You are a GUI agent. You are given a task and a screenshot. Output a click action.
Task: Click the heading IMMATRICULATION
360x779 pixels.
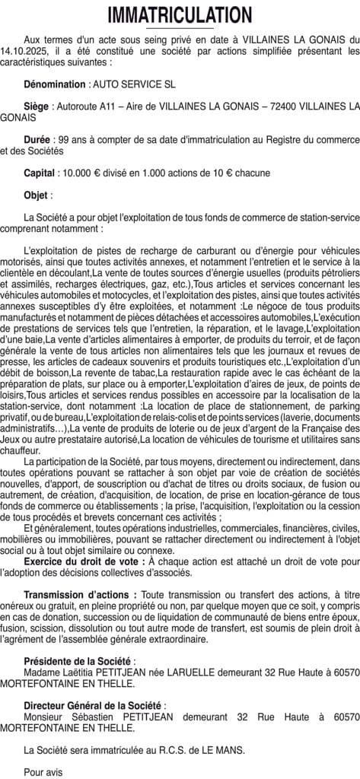pos(180,16)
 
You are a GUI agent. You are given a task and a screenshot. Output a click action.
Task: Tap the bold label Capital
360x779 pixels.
pos(39,173)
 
